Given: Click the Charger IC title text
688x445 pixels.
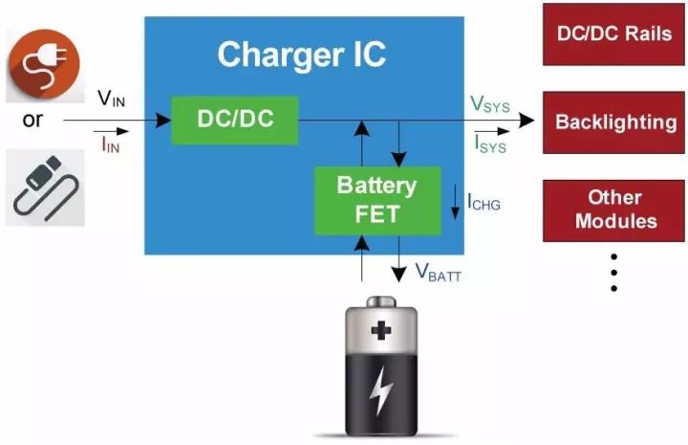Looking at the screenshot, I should click(301, 55).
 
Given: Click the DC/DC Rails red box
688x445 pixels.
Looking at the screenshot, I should click(614, 33).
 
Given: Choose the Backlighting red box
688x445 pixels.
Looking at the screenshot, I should click(614, 122).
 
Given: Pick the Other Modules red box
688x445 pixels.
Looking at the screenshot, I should click(614, 209).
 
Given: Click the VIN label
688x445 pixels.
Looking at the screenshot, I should click(112, 99).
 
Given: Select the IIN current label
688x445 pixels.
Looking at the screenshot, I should click(110, 145).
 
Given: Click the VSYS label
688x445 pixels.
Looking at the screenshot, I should click(489, 104).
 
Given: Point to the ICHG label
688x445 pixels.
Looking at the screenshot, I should click(484, 202).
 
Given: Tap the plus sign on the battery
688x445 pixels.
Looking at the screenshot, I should click(381, 332).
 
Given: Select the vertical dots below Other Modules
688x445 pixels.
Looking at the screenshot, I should click(613, 273).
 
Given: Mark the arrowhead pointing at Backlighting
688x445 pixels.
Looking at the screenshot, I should click(527, 122).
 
